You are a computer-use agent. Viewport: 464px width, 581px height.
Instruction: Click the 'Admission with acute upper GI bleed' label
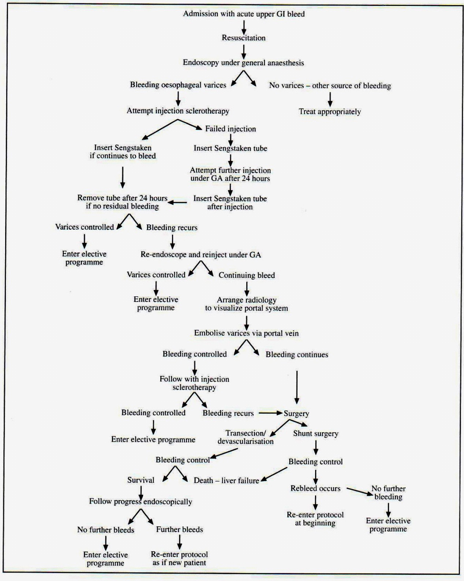coord(244,14)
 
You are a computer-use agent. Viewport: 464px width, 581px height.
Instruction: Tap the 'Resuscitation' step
coord(244,38)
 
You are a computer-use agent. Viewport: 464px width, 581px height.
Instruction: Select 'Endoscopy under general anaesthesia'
coord(243,63)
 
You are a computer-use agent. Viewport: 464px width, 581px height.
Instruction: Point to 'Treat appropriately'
coord(330,111)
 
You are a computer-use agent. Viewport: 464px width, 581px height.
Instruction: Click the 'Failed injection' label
coord(231,129)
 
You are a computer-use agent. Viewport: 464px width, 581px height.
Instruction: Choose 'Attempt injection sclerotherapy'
coord(178,111)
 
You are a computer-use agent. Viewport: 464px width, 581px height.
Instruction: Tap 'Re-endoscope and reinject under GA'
coord(201,255)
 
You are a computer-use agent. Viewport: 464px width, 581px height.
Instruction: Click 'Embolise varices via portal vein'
coord(246,333)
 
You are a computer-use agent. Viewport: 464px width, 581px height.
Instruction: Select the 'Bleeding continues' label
coord(297,355)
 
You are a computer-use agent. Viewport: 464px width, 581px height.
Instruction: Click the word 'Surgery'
coord(296,414)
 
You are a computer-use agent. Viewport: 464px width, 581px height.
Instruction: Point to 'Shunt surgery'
coord(315,433)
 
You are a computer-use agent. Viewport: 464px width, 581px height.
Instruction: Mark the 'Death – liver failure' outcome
coord(226,480)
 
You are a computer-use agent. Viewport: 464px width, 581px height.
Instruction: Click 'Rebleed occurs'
coord(315,488)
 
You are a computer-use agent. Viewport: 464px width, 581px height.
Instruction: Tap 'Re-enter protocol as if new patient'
coord(179,559)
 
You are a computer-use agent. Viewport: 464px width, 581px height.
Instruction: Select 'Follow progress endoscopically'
coord(141,502)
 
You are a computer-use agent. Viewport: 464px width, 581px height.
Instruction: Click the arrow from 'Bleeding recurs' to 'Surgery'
coord(270,413)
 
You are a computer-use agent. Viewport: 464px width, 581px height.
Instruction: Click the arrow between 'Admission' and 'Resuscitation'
coord(244,27)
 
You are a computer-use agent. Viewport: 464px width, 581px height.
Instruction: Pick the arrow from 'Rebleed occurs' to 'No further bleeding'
coord(359,491)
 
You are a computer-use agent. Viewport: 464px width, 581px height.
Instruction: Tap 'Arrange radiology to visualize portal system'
coord(246,304)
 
